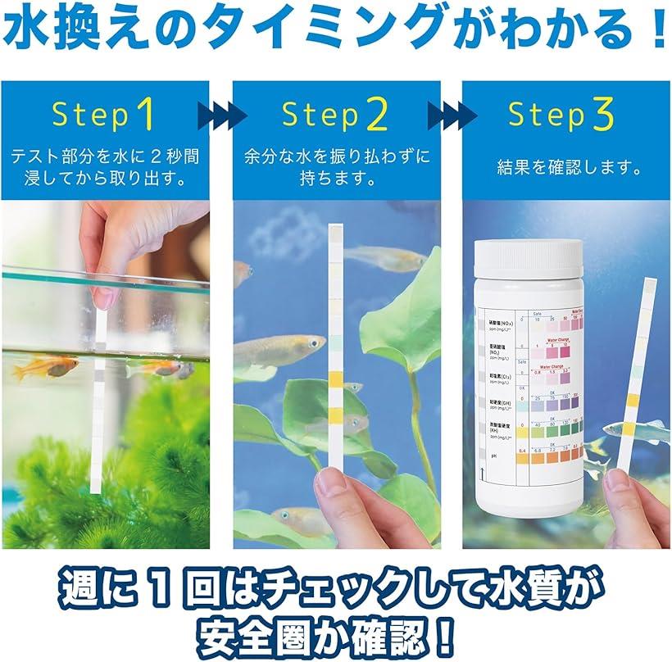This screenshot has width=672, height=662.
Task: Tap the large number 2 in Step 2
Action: pos(376,116)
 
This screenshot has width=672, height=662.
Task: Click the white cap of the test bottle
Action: pos(529,257)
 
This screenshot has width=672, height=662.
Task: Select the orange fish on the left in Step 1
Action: pos(45,367)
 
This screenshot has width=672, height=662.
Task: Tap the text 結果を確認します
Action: pos(568,168)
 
